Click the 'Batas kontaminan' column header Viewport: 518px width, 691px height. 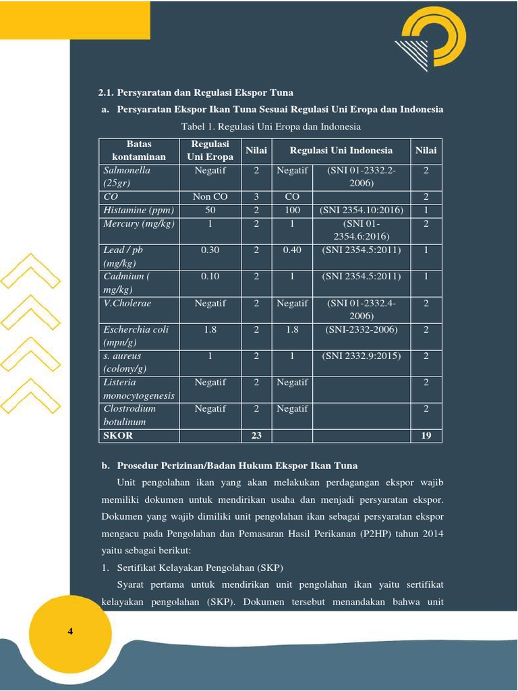click(138, 150)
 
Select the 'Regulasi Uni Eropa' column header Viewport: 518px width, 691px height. click(210, 150)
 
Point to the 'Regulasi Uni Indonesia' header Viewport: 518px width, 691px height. click(341, 150)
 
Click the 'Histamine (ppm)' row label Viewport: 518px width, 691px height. click(139, 211)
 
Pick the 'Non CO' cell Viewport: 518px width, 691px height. click(210, 197)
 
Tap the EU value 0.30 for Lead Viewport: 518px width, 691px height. click(210, 250)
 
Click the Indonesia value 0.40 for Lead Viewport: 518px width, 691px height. click(292, 250)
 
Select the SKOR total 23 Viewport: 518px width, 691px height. click(256, 435)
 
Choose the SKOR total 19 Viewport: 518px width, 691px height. click(426, 435)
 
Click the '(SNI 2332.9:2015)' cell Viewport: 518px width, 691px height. click(362, 356)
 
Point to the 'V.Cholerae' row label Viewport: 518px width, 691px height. click(127, 303)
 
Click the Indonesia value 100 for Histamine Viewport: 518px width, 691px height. click(292, 211)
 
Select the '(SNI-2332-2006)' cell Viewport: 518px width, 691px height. click(362, 329)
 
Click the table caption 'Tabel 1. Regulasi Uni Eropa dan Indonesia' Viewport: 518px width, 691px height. click(271, 127)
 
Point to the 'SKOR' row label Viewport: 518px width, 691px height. click(119, 435)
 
